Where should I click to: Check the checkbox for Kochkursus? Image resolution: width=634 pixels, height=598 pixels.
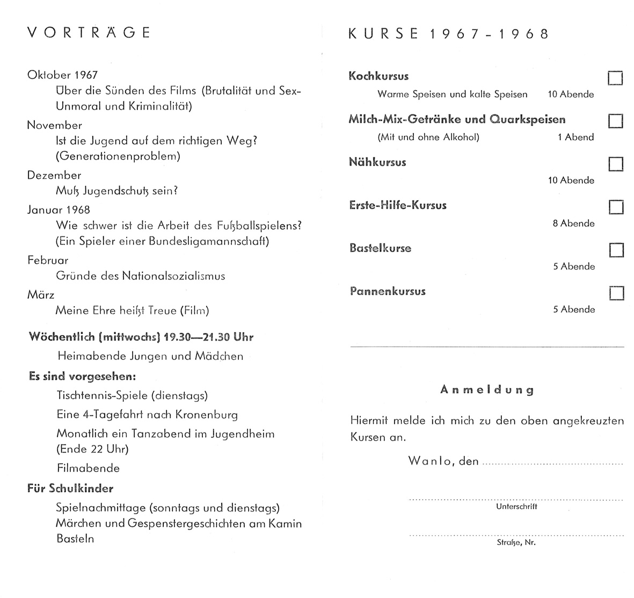615,78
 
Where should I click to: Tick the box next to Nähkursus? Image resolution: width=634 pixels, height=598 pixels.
616,164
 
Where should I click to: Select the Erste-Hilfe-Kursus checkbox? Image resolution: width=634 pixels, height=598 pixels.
616,207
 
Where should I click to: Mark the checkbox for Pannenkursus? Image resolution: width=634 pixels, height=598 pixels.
617,293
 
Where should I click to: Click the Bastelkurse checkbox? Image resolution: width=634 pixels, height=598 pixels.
616,250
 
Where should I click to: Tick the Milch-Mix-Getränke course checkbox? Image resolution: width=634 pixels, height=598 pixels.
615,121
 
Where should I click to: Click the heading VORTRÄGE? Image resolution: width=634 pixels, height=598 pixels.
89,33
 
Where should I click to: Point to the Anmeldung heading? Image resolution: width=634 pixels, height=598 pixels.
487,390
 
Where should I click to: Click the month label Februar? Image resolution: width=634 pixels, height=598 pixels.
48,261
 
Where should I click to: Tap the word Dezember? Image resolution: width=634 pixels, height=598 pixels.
54,175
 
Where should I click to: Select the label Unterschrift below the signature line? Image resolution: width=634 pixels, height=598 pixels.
516,506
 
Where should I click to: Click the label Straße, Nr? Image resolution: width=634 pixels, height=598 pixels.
516,542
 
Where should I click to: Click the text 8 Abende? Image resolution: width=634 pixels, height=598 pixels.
573,224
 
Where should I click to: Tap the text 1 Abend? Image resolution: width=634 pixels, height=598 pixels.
575,137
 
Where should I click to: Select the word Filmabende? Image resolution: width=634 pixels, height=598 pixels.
88,468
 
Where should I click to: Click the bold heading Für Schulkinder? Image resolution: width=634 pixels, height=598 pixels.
70,488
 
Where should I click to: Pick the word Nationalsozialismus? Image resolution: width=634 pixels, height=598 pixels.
173,276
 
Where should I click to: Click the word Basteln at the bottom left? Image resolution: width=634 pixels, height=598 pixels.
75,538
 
